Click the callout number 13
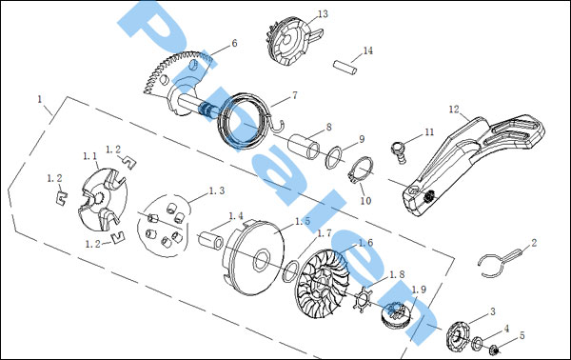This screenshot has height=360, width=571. [323, 14]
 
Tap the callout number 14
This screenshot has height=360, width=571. [368, 50]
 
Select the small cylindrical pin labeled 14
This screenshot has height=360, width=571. [345, 69]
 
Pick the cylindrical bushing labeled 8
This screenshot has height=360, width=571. [305, 147]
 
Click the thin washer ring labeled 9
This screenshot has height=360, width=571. [334, 157]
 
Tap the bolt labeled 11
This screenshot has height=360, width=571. [399, 152]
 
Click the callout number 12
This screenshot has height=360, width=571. [454, 109]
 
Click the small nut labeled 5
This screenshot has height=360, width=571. [494, 349]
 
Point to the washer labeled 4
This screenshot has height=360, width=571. [477, 344]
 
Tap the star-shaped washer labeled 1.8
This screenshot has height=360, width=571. [363, 299]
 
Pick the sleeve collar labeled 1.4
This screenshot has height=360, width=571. [211, 239]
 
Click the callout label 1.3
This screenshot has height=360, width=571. [217, 190]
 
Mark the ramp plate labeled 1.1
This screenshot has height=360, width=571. [103, 199]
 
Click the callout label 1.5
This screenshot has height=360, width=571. [303, 221]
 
